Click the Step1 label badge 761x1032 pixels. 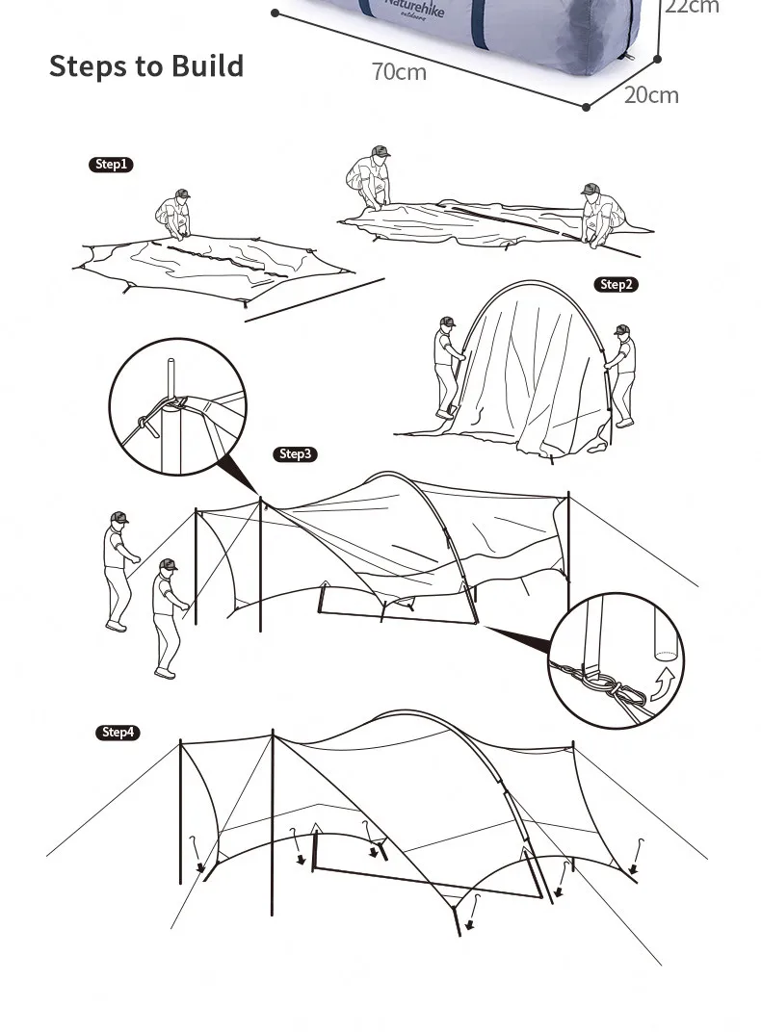coord(111,165)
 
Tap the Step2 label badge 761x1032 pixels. coord(617,284)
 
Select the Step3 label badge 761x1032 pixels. coord(296,454)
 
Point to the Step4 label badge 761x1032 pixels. coord(118,733)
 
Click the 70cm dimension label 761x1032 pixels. coord(399,72)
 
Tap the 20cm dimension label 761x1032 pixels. coord(651,94)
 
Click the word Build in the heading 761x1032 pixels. coord(207,66)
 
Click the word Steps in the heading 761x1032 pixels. coord(90,66)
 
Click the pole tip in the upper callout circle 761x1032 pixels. coord(171,370)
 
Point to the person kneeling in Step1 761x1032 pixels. coord(174,214)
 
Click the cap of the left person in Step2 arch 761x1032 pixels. coord(447,322)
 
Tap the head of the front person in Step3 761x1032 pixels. coord(167,565)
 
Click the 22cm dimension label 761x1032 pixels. coord(692,7)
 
